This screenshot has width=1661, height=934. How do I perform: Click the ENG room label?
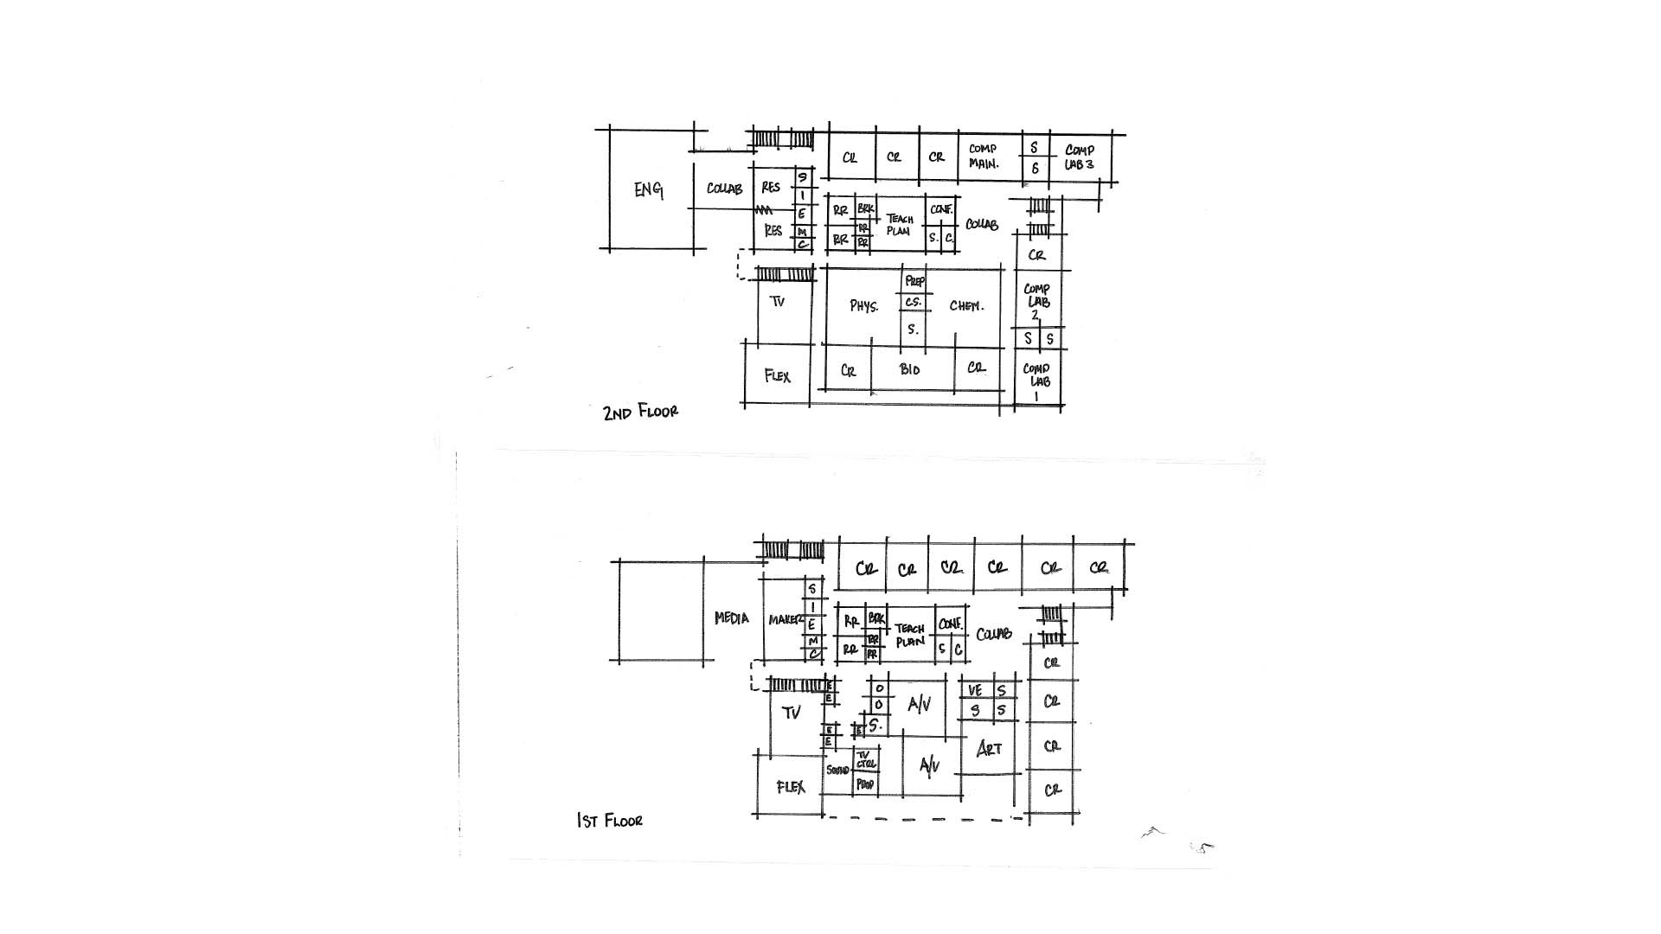(x=648, y=189)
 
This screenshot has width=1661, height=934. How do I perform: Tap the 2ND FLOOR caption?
(x=640, y=413)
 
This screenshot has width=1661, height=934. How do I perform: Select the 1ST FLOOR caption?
(x=610, y=820)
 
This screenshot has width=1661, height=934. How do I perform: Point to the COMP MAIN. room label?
(x=983, y=156)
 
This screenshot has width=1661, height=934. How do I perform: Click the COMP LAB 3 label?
(x=1079, y=157)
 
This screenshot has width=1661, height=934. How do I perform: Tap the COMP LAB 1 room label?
(x=1036, y=381)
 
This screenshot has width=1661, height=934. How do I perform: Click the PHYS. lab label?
(x=863, y=306)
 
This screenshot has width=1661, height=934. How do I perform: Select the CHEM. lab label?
(x=965, y=305)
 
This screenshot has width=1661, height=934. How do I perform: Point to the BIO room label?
(x=909, y=369)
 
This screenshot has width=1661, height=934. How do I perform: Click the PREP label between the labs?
(x=914, y=281)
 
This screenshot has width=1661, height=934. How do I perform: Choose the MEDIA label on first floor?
(x=731, y=618)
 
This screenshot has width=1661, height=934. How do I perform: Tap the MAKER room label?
(x=786, y=620)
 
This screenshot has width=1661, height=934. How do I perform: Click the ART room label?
(x=989, y=748)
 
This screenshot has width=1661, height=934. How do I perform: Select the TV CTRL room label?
(x=865, y=759)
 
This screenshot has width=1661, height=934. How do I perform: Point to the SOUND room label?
(x=837, y=770)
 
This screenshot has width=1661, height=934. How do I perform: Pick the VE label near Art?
(x=975, y=691)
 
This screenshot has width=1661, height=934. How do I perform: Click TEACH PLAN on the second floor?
(x=900, y=225)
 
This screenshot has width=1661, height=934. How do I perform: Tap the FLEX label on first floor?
(x=791, y=787)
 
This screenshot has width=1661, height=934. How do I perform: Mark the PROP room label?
(x=864, y=784)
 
